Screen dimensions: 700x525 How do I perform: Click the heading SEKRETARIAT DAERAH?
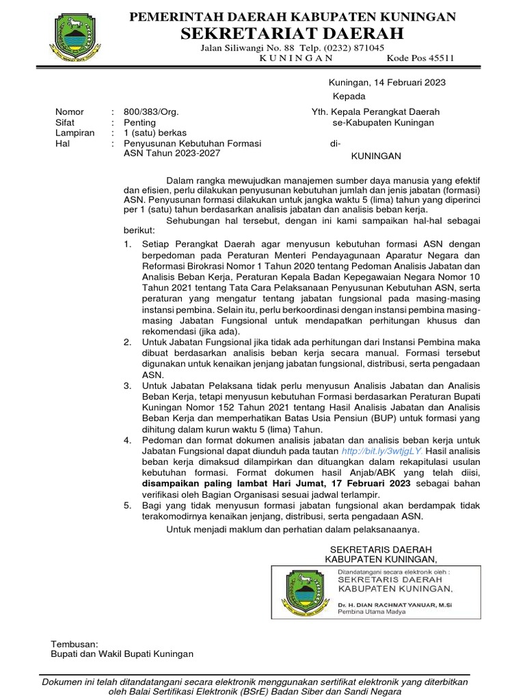[292, 33]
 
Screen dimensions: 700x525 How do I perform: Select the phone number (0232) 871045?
[351, 48]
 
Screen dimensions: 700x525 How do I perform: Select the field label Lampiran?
[75, 133]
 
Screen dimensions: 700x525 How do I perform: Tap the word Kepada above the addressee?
[349, 96]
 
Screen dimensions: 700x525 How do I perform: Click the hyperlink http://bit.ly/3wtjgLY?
[381, 452]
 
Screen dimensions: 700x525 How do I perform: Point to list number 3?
[127, 386]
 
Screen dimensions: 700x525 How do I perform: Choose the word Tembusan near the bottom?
[75, 644]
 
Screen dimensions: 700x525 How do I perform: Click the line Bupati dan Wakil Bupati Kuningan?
[122, 654]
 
